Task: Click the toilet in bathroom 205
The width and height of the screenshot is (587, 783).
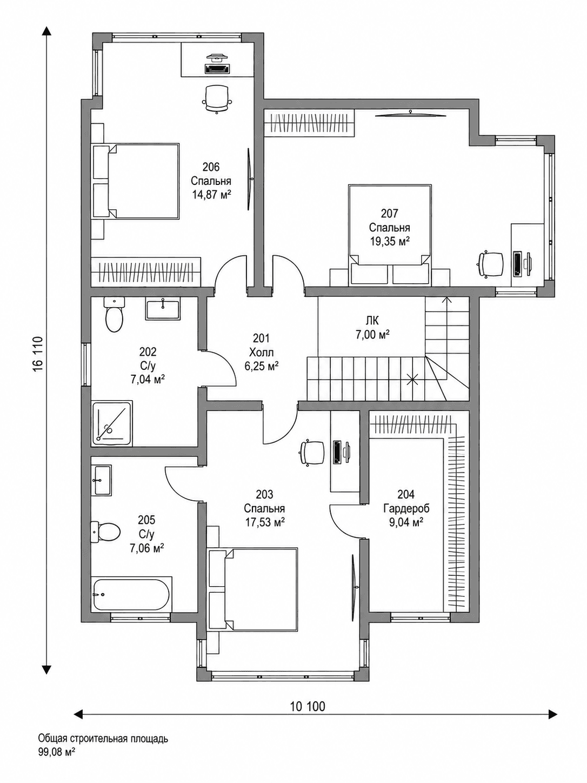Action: (x=105, y=531)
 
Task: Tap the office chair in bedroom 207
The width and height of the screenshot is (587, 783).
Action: (x=491, y=264)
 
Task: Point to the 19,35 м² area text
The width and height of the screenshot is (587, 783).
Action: (x=389, y=241)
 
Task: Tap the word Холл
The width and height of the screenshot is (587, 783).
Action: (x=261, y=353)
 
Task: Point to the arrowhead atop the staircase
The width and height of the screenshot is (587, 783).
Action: (x=445, y=300)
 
